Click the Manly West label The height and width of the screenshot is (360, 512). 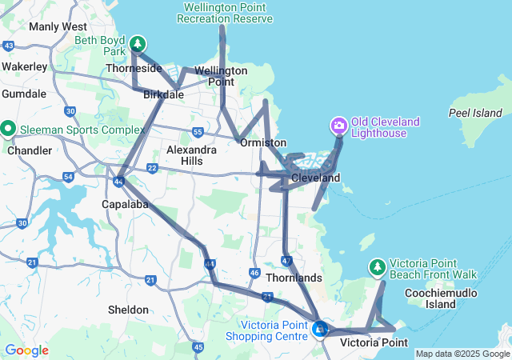(58, 26)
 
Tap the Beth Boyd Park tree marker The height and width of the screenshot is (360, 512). (138, 43)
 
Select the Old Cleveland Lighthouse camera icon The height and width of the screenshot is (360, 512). (338, 125)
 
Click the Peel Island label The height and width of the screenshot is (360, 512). (474, 113)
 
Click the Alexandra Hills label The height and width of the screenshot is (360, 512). (191, 155)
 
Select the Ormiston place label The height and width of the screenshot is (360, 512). (263, 142)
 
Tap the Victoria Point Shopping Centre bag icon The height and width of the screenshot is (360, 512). (320, 328)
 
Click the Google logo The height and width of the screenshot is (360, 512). (26, 350)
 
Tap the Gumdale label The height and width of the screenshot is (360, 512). (24, 94)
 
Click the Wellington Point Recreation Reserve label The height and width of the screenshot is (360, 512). (228, 13)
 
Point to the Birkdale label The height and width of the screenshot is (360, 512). (163, 94)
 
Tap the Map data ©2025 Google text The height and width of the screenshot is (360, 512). (462, 354)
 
